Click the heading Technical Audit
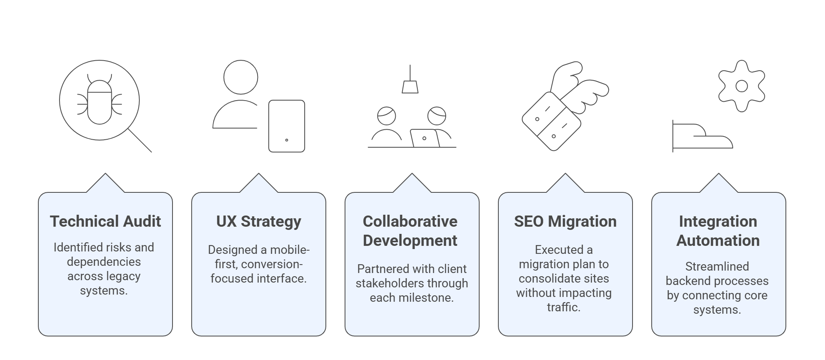[105, 222]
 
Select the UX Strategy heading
[259, 222]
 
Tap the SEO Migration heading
[565, 222]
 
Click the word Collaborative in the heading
[410, 222]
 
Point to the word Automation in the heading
[718, 241]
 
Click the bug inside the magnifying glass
[99, 101]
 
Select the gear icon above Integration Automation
[742, 86]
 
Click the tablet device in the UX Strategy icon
[287, 126]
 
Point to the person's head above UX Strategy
[241, 77]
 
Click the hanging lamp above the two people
[410, 86]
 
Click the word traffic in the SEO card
[563, 307]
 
